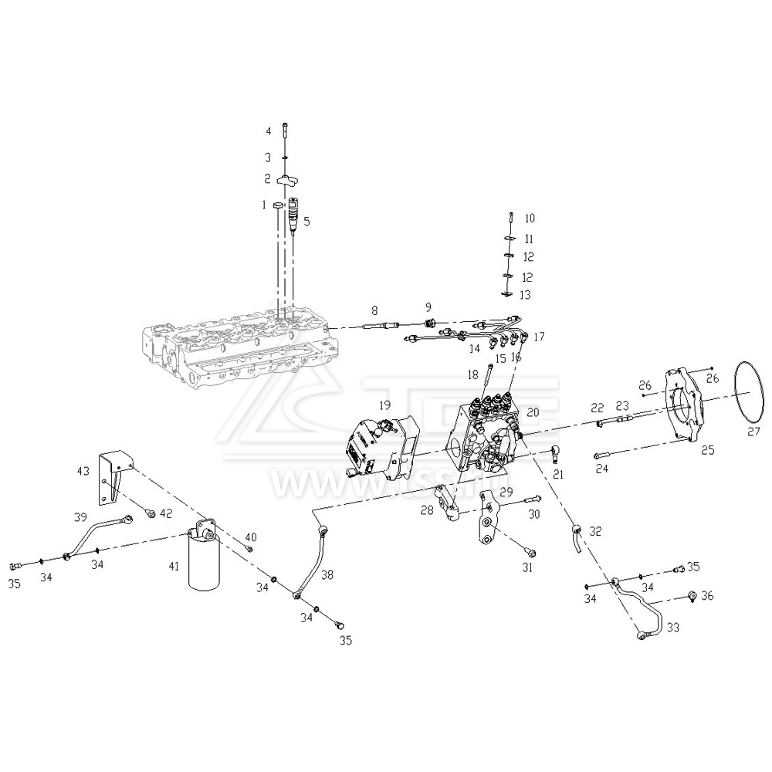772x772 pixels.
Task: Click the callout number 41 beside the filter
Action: click(x=174, y=567)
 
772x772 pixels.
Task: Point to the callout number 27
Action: click(x=753, y=432)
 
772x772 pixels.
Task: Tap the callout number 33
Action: click(x=673, y=628)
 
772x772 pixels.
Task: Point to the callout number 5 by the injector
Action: click(x=306, y=222)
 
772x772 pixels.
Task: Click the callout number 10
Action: click(x=530, y=218)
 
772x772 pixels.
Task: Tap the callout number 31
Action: click(x=527, y=567)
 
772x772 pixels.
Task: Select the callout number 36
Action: click(x=707, y=596)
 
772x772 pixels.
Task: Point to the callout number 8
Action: click(x=374, y=311)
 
